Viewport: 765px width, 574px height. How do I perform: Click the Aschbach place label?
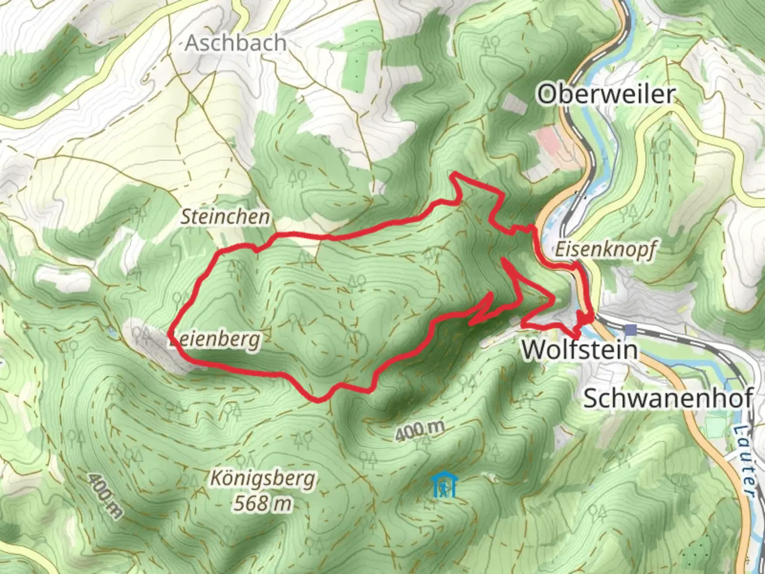coord(235,43)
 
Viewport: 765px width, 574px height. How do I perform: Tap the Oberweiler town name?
coord(606,95)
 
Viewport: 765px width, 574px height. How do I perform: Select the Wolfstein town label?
coord(579,350)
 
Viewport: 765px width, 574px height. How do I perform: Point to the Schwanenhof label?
coord(668,399)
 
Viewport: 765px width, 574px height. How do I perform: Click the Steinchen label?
coord(225,217)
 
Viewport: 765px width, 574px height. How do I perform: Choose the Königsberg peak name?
coord(262,479)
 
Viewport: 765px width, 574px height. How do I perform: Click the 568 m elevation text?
coord(262,503)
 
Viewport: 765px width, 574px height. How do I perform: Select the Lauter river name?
coord(746,460)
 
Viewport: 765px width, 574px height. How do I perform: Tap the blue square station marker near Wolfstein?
coord(631,330)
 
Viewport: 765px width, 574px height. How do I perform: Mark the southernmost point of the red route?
coord(318,400)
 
